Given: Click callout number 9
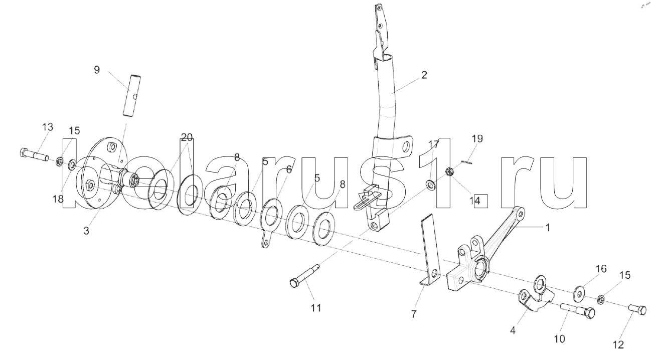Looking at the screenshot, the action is [x=97, y=70].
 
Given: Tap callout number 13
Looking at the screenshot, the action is [x=48, y=127].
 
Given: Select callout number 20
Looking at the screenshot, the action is [x=187, y=137].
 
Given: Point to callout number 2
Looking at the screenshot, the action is [x=424, y=75].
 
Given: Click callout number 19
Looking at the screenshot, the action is [x=477, y=138].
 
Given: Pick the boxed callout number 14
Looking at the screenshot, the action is [x=480, y=201].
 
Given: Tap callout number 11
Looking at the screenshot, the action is [x=316, y=308].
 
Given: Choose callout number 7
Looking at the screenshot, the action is [x=414, y=314].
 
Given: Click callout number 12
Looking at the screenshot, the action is [x=618, y=344].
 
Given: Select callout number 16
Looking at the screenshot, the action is [x=601, y=269].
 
